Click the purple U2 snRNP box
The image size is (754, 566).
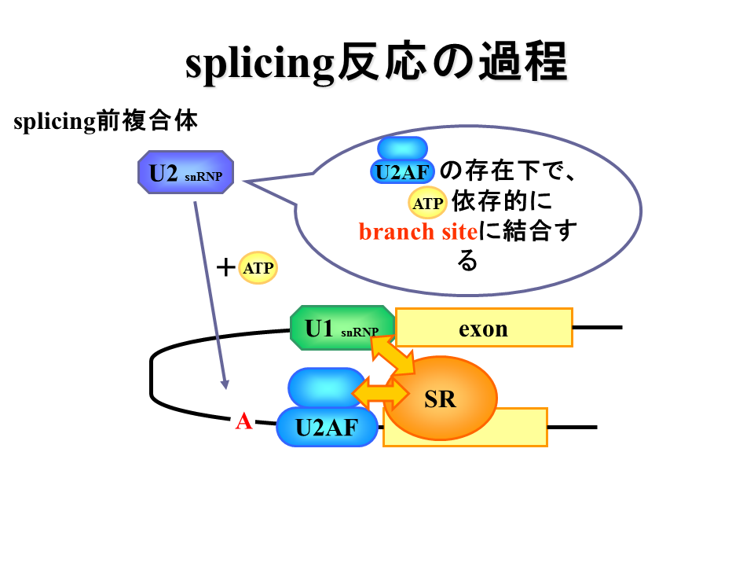coord(185,172)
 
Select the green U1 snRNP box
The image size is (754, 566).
coord(342,328)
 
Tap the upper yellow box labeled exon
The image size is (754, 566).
coord(484,327)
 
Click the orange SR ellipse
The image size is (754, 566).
coord(441,398)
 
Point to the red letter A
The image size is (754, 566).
coord(243,421)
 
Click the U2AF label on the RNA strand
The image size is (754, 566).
coord(327,428)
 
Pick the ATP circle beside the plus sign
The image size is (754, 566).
coord(258,267)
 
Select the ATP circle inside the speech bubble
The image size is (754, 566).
coord(427,203)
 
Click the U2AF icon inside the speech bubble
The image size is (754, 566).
coord(402,160)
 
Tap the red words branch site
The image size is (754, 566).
coord(418,232)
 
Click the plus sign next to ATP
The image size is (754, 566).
coord(225,267)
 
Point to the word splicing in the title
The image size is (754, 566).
coord(260,64)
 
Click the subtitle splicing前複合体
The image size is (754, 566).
coord(105,120)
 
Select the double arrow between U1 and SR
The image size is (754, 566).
coord(393,355)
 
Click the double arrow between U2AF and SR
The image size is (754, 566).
coord(380,393)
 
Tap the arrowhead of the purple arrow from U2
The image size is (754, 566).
coord(225,384)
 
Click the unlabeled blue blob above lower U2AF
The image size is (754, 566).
coord(327,388)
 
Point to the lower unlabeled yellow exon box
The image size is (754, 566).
coord(466,428)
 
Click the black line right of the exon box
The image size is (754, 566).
coord(598,327)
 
